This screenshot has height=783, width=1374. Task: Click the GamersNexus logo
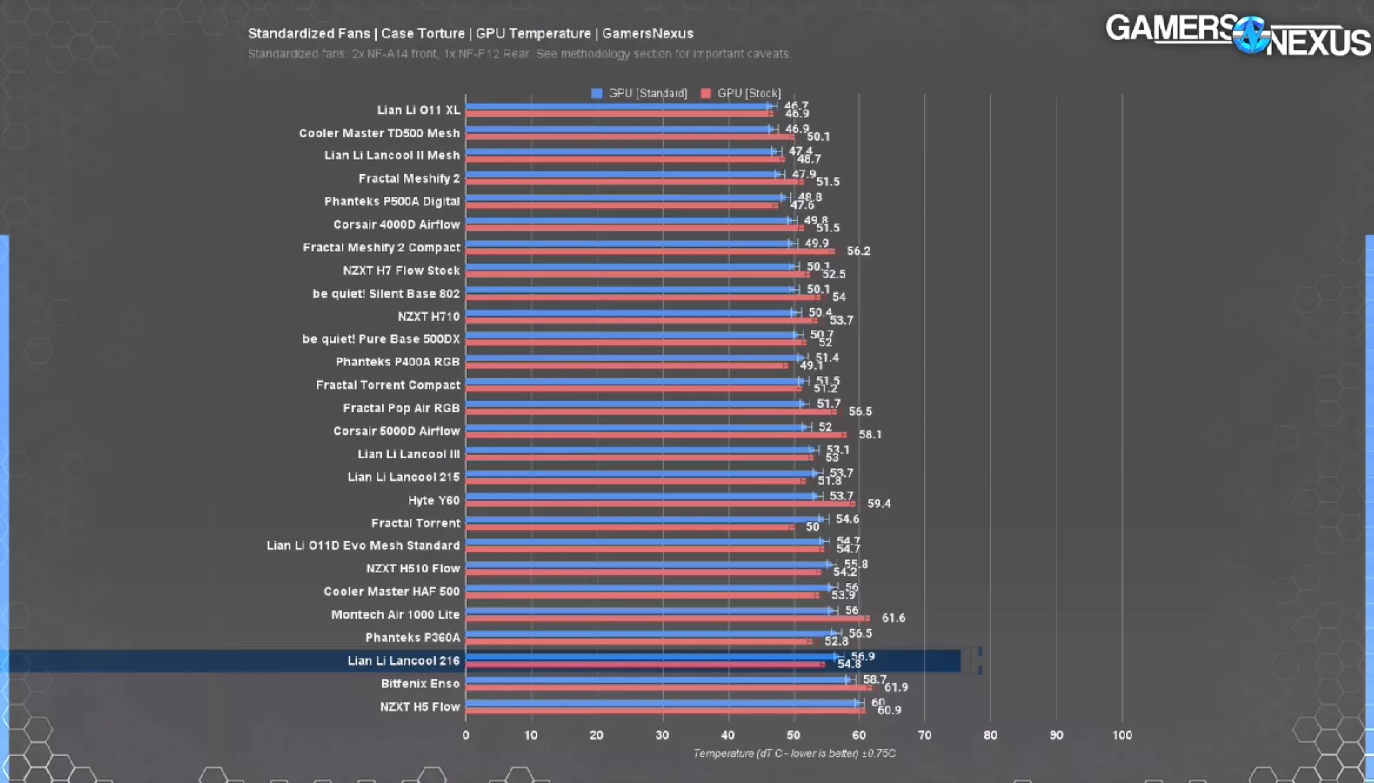(x=1237, y=35)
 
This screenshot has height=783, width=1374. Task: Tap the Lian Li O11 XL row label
(x=418, y=110)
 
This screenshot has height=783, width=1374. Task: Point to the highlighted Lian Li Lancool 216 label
(x=404, y=661)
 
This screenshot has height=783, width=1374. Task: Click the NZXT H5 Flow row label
(x=419, y=707)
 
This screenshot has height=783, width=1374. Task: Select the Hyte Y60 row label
(x=434, y=500)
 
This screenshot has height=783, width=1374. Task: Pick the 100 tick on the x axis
(x=1122, y=735)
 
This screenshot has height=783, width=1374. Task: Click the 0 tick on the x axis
(x=465, y=735)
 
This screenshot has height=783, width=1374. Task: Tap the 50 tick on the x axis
(x=793, y=735)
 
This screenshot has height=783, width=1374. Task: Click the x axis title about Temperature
(x=793, y=753)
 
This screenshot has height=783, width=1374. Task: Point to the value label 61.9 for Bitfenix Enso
(x=896, y=687)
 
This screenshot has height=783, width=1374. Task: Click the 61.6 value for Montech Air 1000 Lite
(x=893, y=619)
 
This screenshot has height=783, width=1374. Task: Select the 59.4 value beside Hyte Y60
(x=878, y=504)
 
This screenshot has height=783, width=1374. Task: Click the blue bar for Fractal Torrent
(x=644, y=519)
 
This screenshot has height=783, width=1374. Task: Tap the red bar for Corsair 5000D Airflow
(x=656, y=435)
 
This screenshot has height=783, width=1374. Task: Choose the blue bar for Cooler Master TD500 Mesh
(x=617, y=130)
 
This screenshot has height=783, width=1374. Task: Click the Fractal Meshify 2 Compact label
(x=381, y=248)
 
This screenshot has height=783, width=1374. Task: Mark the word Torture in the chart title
(x=441, y=34)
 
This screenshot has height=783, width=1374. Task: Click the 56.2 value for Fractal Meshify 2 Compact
(x=858, y=251)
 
